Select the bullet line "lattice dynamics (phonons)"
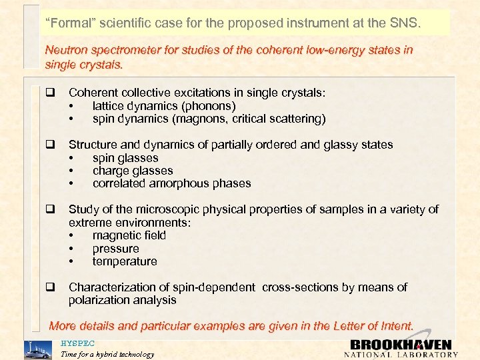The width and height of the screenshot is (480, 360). (164, 106)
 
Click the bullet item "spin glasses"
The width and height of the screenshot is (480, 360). (125, 158)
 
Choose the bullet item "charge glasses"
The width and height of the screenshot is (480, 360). (133, 171)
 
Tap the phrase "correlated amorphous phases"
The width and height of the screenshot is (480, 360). (171, 183)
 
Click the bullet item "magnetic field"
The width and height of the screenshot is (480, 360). (129, 235)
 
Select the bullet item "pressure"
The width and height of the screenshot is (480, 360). (116, 249)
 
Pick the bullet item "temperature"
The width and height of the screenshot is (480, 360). (125, 261)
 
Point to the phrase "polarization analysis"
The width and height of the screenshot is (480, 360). (123, 300)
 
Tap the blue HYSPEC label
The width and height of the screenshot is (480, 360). (78, 343)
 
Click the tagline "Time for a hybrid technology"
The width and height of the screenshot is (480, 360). (107, 354)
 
